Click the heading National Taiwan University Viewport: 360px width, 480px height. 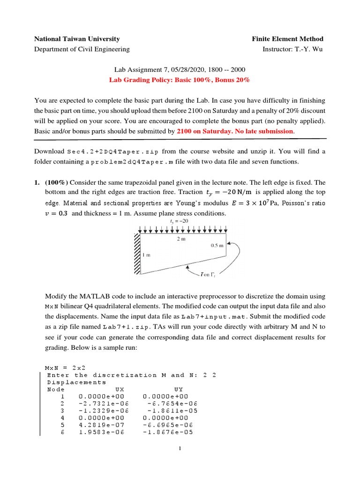coord(77,39)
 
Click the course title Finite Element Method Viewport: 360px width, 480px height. coord(287,39)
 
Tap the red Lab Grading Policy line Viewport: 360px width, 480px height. coord(180,80)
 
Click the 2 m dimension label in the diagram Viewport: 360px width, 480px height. coord(181,238)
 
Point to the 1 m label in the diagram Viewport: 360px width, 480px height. coord(146,255)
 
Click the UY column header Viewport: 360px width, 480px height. coord(178,390)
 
